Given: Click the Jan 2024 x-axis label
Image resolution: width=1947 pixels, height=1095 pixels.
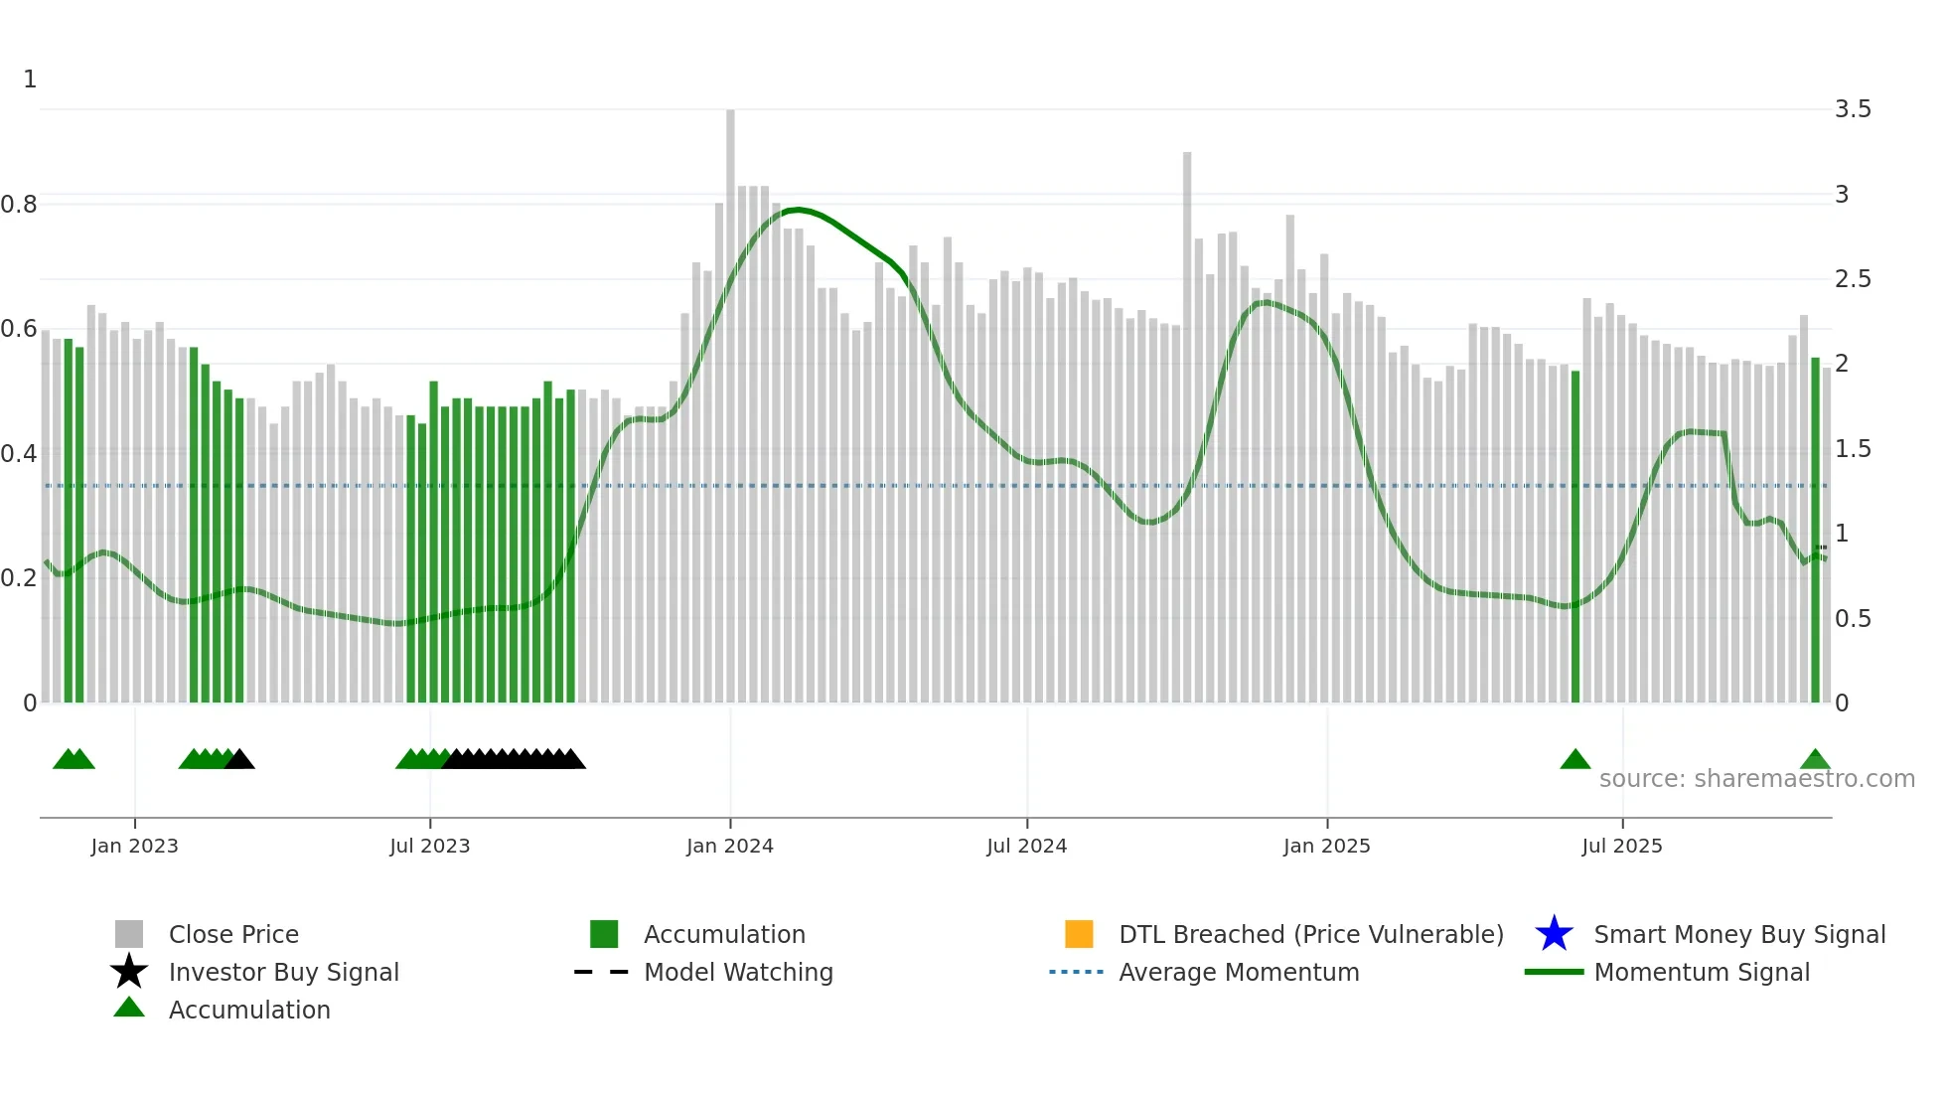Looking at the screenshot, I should [729, 846].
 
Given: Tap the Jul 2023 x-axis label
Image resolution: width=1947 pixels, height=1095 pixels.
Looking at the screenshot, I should [429, 846].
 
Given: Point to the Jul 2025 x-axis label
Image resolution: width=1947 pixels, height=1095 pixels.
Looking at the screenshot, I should [1621, 846].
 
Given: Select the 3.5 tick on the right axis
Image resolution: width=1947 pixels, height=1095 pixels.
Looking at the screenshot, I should [1852, 109].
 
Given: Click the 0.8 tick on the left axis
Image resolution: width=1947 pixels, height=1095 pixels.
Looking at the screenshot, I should [20, 205].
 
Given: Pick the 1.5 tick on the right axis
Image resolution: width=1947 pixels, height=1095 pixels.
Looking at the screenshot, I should [1852, 449].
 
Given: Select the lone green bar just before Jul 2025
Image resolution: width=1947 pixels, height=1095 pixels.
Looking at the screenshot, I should [1575, 537].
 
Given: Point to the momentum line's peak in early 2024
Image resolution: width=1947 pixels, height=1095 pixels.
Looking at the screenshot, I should [797, 210].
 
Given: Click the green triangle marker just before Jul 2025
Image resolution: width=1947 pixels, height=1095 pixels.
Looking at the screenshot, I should [1575, 760].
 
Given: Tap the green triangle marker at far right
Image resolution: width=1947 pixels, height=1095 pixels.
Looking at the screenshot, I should [1815, 760].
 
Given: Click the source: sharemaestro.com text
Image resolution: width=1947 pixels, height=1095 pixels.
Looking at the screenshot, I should [1756, 778].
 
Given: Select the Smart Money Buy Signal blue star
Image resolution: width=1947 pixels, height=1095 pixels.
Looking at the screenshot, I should [1554, 934].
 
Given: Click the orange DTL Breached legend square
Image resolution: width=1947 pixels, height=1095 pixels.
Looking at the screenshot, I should [1079, 934].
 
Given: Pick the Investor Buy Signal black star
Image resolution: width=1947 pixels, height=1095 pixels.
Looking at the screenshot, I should [129, 972].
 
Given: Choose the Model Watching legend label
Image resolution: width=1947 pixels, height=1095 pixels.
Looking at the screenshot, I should [738, 972].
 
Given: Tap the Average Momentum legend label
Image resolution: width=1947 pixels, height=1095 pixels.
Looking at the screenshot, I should [1239, 972].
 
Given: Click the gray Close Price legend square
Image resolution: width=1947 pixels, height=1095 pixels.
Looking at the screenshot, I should [129, 934].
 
